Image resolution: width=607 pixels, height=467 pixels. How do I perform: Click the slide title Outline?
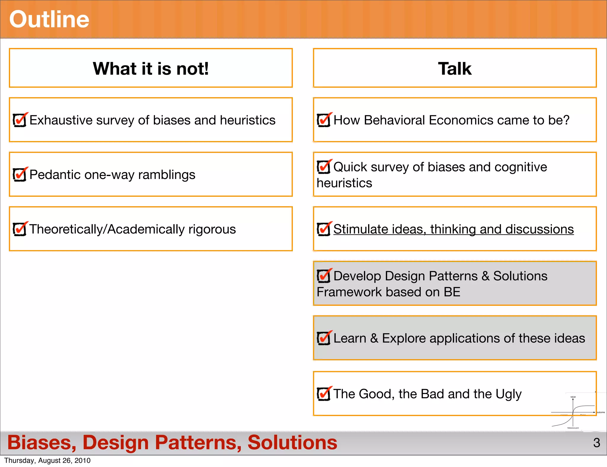pyautogui.click(x=49, y=19)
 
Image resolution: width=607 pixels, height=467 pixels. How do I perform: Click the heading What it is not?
pyautogui.click(x=151, y=68)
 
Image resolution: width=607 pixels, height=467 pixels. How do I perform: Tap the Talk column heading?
pyautogui.click(x=454, y=68)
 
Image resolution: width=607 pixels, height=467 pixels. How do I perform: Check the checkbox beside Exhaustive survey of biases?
pyautogui.click(x=20, y=120)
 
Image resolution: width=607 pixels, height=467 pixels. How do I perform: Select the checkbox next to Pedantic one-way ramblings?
pyautogui.click(x=20, y=175)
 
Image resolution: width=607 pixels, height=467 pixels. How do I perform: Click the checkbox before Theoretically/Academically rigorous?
pyautogui.click(x=20, y=229)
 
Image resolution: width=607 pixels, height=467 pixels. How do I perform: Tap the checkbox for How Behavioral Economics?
pyautogui.click(x=324, y=120)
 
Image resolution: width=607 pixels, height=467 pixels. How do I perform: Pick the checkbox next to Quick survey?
pyautogui.click(x=324, y=167)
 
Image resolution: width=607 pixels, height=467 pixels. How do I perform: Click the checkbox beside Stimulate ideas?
pyautogui.click(x=324, y=229)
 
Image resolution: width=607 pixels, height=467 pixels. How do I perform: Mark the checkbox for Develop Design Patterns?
pyautogui.click(x=324, y=276)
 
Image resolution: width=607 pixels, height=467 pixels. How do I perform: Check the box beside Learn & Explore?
pyautogui.click(x=324, y=338)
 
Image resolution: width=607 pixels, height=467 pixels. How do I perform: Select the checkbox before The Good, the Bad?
pyautogui.click(x=324, y=394)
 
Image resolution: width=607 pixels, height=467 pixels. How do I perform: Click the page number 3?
pyautogui.click(x=596, y=443)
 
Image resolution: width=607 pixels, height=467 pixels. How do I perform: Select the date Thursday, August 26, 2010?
pyautogui.click(x=47, y=460)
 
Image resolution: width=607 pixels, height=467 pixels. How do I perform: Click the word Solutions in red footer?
pyautogui.click(x=292, y=442)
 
